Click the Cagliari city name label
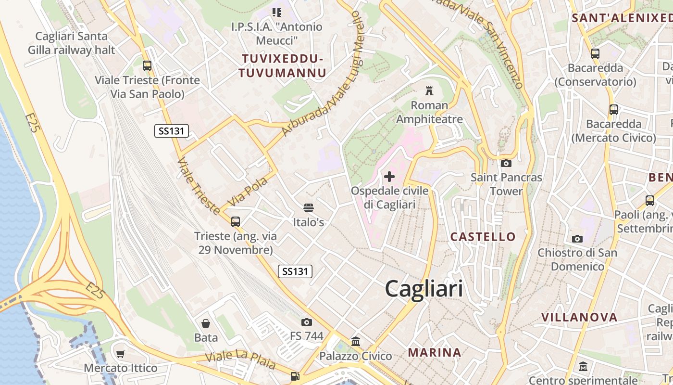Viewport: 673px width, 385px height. point(424,289)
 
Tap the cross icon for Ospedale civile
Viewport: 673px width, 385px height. point(389,177)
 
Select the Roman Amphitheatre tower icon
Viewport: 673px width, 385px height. point(429,90)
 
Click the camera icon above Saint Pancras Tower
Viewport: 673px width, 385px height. point(506,163)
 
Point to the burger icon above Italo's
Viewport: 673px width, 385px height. point(309,208)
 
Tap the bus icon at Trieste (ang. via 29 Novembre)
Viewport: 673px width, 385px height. point(236,222)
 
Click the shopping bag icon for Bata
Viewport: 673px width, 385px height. point(206,323)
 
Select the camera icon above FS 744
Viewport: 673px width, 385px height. point(307,321)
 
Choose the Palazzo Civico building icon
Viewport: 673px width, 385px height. point(356,342)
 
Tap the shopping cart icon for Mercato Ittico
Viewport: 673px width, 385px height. point(121,354)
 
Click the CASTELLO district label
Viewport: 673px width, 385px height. point(483,237)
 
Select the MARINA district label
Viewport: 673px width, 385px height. point(435,352)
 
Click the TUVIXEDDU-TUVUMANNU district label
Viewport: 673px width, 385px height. point(283,66)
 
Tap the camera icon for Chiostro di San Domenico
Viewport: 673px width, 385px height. point(577,239)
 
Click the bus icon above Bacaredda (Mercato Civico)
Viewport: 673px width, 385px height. point(614,109)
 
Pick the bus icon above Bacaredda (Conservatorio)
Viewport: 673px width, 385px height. point(595,53)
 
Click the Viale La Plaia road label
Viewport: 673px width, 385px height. point(240,359)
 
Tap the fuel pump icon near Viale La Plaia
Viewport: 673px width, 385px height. point(295,376)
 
